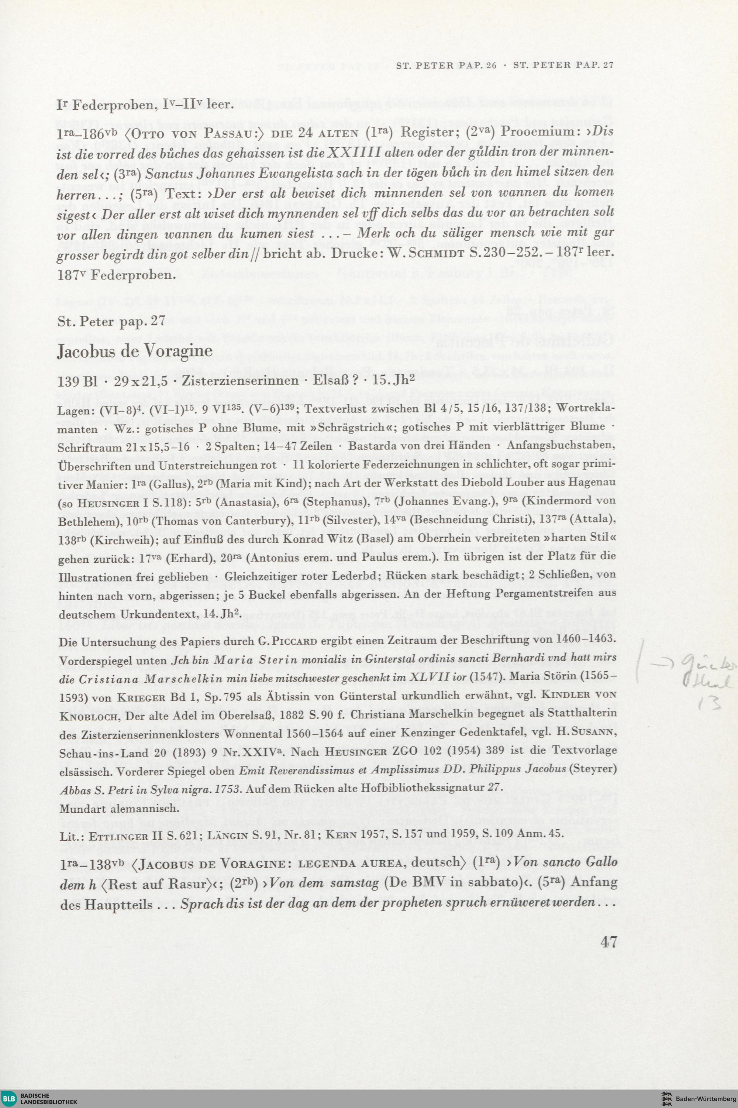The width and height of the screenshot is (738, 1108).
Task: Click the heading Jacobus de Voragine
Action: tap(134, 351)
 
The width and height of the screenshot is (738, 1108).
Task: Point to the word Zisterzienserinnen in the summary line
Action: tap(240, 381)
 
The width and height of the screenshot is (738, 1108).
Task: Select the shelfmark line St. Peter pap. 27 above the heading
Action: tap(111, 321)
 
